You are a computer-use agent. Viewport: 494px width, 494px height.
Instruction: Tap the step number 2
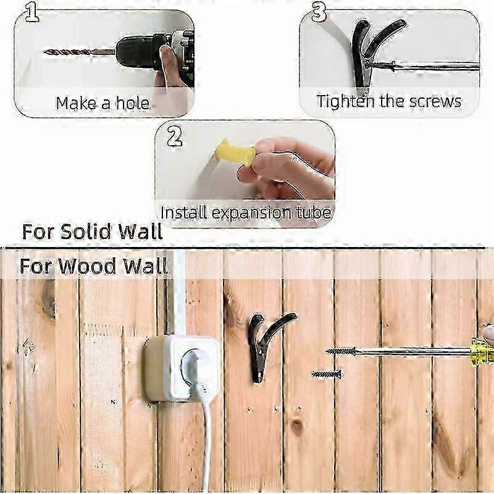174,136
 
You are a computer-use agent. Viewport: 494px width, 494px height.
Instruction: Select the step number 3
319,12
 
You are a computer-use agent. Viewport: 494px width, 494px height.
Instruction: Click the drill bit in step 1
80,52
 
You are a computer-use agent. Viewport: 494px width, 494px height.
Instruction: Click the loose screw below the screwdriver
327,374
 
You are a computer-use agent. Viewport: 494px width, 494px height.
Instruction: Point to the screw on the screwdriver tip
341,351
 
